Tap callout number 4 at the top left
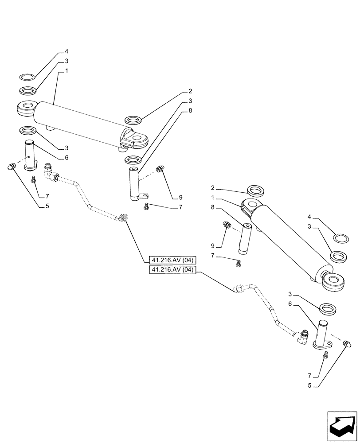pos(66,52)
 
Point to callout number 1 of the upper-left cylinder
pos(66,71)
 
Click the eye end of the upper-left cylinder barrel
pos(26,109)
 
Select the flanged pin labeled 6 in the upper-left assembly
pos(30,156)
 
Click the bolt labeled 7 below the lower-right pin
pos(326,355)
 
